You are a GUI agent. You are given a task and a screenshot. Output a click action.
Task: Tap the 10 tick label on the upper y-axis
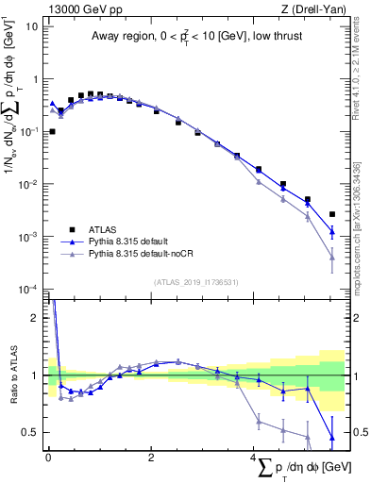pyautogui.click(x=31, y=25)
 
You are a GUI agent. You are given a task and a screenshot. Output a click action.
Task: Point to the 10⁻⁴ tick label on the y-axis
pyautogui.click(x=29, y=289)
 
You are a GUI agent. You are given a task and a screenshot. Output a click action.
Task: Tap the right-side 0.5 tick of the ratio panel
pyautogui.click(x=359, y=433)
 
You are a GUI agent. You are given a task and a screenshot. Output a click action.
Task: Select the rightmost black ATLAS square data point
pyautogui.click(x=331, y=214)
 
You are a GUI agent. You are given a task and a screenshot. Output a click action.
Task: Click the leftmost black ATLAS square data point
pyautogui.click(x=52, y=132)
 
